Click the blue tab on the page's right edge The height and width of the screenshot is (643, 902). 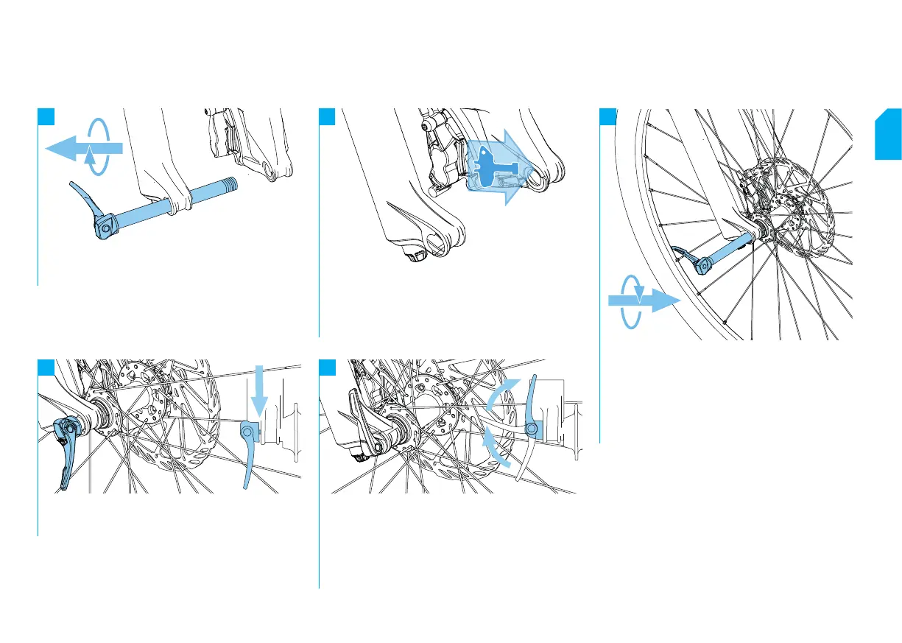[x=888, y=135]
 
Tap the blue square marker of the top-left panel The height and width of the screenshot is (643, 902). [x=46, y=117]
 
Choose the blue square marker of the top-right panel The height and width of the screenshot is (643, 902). [x=607, y=117]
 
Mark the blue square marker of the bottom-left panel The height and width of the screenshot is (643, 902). [x=46, y=368]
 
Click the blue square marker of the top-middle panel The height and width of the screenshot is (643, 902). [x=327, y=117]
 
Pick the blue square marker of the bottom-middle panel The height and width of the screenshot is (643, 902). [x=327, y=368]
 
